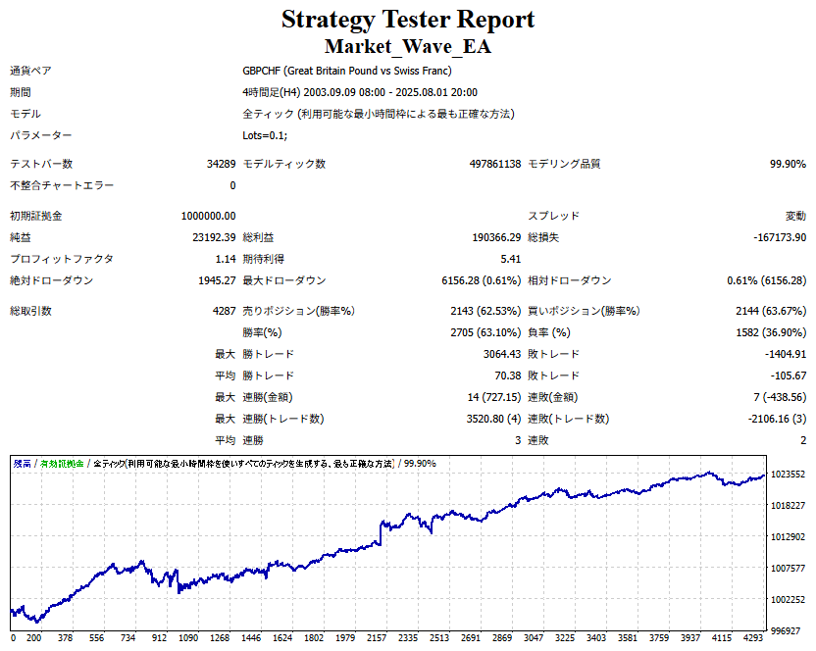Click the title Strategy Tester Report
[408, 19]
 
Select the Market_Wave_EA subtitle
[408, 46]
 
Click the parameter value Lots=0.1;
[265, 135]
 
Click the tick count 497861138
[495, 164]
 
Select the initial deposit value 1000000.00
[208, 216]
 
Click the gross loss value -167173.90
[775, 237]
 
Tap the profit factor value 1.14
[226, 259]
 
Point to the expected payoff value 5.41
[511, 259]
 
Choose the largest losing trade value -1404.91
[779, 354]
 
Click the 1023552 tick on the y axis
[789, 475]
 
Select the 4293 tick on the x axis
[753, 637]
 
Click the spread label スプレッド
[554, 216]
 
